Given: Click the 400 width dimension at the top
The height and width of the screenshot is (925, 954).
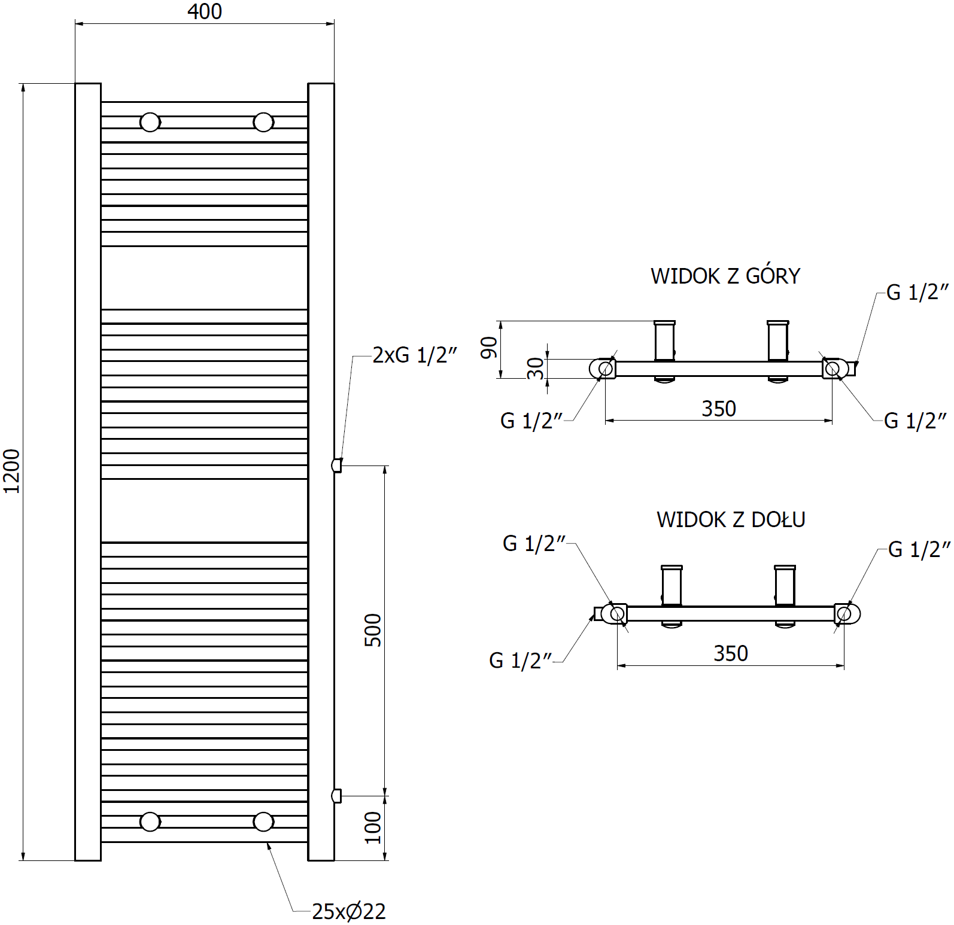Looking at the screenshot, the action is tap(205, 11).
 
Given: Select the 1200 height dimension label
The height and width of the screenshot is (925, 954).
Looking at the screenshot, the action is tap(13, 471).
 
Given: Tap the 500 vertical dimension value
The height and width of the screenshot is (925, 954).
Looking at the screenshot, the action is tap(373, 630).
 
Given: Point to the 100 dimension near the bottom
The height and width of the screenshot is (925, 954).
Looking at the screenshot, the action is tap(373, 827).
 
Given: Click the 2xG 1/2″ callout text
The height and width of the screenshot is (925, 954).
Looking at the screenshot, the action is tap(415, 355).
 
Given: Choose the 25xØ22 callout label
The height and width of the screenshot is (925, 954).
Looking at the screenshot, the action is tap(349, 911).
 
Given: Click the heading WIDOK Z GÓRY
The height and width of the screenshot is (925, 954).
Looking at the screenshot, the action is tap(725, 276).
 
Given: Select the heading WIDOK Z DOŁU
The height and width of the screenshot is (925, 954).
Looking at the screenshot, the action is tap(731, 519).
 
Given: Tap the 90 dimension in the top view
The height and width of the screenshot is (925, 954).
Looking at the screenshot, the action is tap(490, 348).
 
